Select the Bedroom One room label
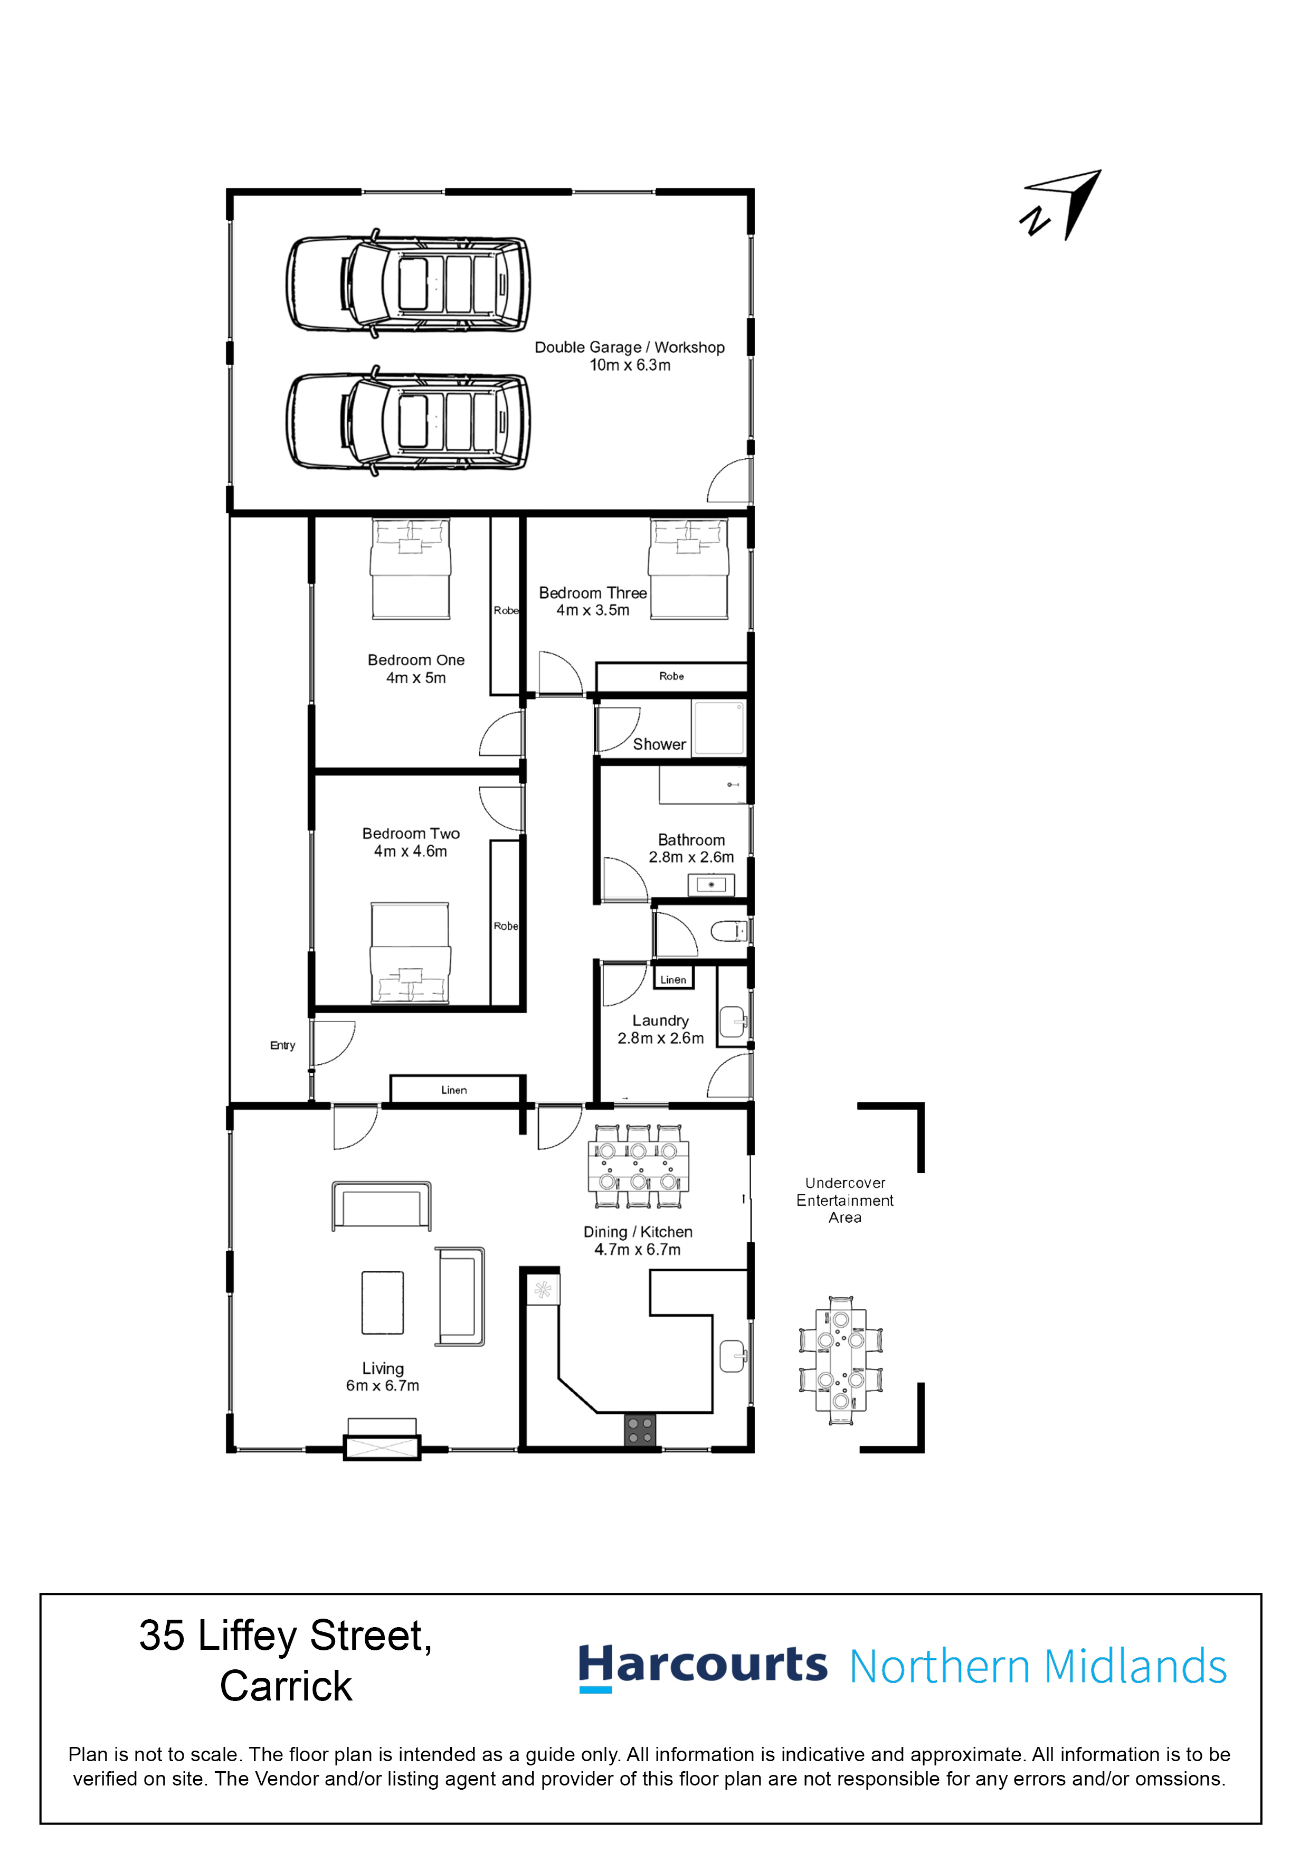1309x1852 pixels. click(x=415, y=660)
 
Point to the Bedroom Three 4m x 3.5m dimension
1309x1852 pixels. click(x=593, y=611)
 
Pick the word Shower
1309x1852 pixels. click(x=659, y=744)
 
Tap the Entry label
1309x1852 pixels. click(x=282, y=1045)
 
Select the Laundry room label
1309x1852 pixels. click(x=660, y=1021)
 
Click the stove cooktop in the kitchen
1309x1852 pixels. click(x=640, y=1431)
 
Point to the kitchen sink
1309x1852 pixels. click(x=732, y=1355)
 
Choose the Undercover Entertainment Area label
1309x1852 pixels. click(x=845, y=1200)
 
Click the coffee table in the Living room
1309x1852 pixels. click(x=382, y=1303)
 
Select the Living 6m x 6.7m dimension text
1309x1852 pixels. click(x=382, y=1386)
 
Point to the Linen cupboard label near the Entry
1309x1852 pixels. click(x=454, y=1090)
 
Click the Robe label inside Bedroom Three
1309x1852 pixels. click(x=671, y=676)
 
